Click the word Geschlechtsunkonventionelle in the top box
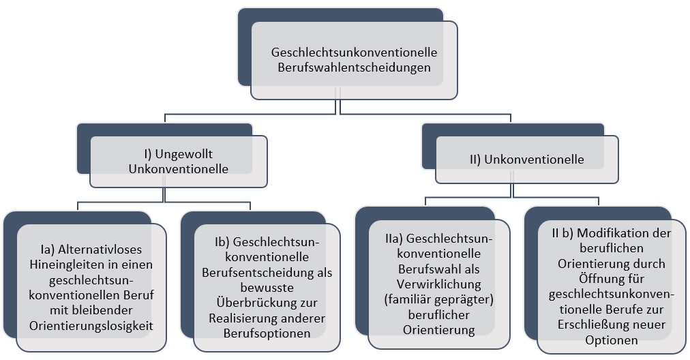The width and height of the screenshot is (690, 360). (x=355, y=52)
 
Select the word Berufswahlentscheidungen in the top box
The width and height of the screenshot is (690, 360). (x=355, y=67)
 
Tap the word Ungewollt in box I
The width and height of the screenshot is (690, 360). (x=184, y=154)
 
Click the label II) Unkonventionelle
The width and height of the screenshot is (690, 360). (x=527, y=160)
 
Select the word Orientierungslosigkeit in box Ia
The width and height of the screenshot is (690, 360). (x=91, y=326)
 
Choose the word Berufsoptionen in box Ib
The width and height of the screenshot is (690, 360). (x=267, y=333)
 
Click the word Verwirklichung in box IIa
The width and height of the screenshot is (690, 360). (x=438, y=284)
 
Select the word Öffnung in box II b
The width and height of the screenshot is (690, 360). (x=599, y=279)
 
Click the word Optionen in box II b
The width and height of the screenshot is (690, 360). (x=611, y=340)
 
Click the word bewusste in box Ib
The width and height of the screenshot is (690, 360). (x=267, y=288)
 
